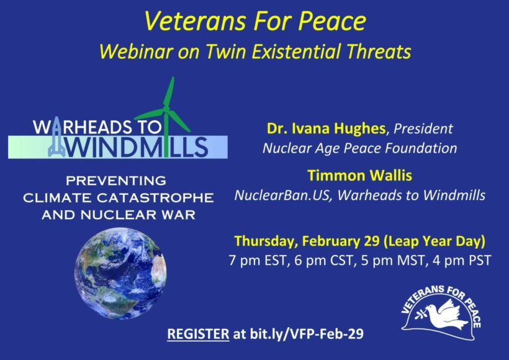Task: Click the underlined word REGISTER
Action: click(198, 334)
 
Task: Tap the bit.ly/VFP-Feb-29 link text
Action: click(307, 334)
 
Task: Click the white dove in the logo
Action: click(444, 314)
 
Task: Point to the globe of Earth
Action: click(120, 273)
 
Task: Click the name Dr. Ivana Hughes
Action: click(326, 128)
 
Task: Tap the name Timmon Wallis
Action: click(359, 176)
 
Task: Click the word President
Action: click(423, 129)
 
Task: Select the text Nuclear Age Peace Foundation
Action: click(359, 148)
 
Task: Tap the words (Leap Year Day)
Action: click(435, 241)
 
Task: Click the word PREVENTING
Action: click(116, 181)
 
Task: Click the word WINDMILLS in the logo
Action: click(137, 147)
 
